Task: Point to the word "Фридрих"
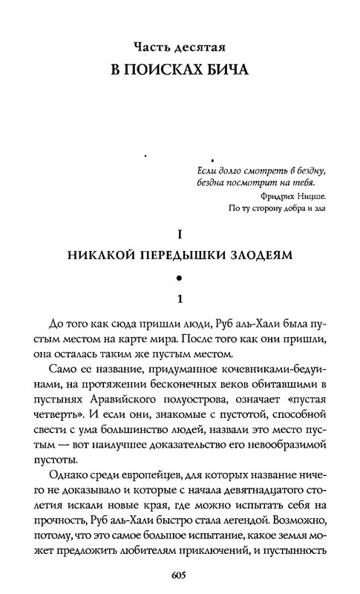point(277,196)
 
